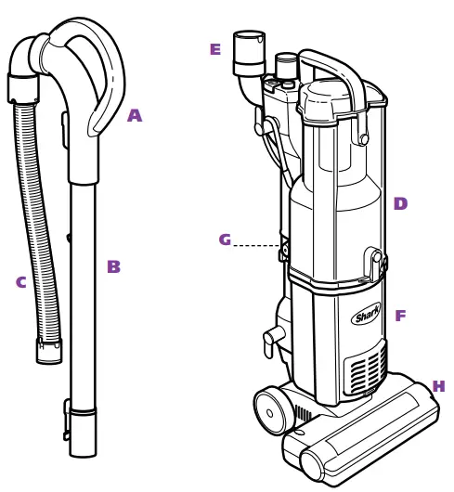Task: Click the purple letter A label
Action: [x=135, y=116]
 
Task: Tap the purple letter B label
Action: [x=113, y=267]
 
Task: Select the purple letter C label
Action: [x=20, y=283]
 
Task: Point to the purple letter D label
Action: [x=400, y=204]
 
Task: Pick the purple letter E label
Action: [x=215, y=50]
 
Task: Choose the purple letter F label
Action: [x=400, y=317]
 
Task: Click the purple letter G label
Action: [x=225, y=240]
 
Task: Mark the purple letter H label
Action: [x=438, y=387]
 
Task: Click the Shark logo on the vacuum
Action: [x=366, y=316]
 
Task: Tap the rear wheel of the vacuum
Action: [x=272, y=409]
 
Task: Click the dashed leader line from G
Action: [x=256, y=246]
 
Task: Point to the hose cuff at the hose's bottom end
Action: [x=49, y=351]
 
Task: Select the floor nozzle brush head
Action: [x=362, y=436]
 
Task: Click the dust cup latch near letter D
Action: [x=375, y=264]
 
